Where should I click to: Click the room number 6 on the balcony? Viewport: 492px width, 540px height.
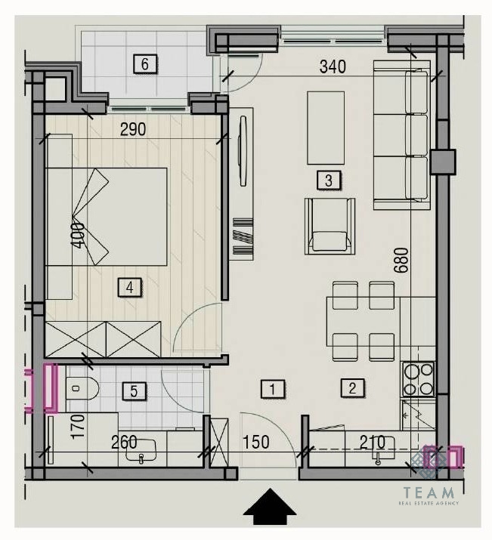pos(145,64)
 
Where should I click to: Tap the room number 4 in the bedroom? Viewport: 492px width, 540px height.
pos(129,287)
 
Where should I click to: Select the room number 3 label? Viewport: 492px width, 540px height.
pos(329,180)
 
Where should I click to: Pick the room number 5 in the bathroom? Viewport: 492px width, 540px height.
pos(135,390)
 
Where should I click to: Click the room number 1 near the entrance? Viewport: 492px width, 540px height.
pos(273,389)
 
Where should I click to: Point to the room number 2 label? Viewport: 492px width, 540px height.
pos(352,388)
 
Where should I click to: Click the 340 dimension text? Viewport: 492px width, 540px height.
pos(333,66)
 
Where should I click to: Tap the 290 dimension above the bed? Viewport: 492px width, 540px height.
pos(133,129)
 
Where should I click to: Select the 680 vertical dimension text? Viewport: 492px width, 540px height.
pos(402,260)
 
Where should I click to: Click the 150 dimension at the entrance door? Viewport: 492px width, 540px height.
pos(256,442)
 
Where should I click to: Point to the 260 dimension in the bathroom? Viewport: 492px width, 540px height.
pos(124,442)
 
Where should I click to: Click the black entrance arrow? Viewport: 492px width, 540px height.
pos(270,506)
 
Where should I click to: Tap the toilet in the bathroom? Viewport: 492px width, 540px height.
pos(82,388)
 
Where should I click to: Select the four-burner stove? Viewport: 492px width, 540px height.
pos(419,379)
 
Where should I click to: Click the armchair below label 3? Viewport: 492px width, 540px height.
pos(330,227)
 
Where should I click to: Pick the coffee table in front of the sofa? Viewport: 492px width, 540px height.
pos(326,128)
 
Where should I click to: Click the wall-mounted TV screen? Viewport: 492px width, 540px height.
pos(243,151)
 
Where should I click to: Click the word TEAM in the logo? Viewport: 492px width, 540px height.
pos(429,493)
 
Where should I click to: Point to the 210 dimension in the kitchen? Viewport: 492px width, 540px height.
pos(372,442)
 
